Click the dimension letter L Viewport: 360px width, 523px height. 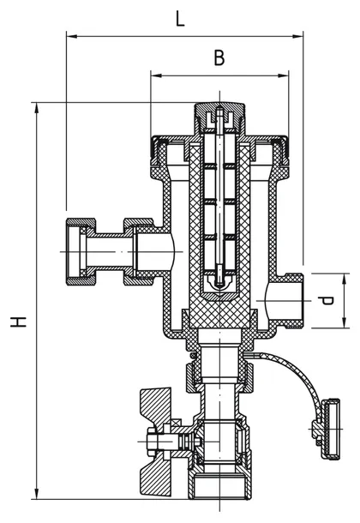click(x=180, y=20)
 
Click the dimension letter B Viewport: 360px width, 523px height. click(x=219, y=57)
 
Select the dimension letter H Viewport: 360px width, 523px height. click(x=18, y=322)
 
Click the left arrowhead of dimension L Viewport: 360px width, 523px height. click(x=72, y=36)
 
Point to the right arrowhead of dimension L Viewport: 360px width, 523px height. click(x=297, y=36)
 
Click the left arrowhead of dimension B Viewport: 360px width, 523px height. click(x=156, y=75)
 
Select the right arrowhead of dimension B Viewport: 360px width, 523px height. click(x=284, y=75)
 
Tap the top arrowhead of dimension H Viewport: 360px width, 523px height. click(x=37, y=108)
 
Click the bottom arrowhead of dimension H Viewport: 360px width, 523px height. click(x=37, y=493)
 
